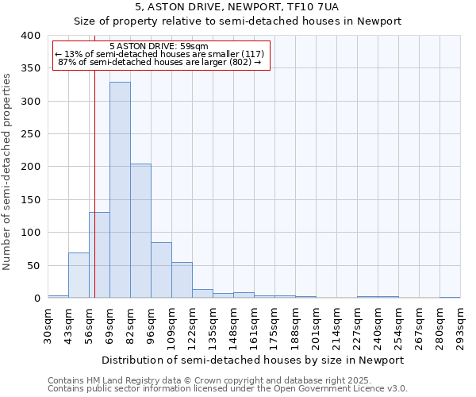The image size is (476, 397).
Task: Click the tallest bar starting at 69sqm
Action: point(120,191)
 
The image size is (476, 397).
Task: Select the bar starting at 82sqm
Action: point(140,231)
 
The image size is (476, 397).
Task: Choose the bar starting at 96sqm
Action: point(161,271)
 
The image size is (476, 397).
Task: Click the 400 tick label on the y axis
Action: point(29,36)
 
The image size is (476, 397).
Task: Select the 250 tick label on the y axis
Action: point(29,134)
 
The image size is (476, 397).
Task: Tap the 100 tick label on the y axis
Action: point(29,233)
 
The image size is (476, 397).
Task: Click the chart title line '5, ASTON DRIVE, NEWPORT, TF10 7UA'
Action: point(237,6)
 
